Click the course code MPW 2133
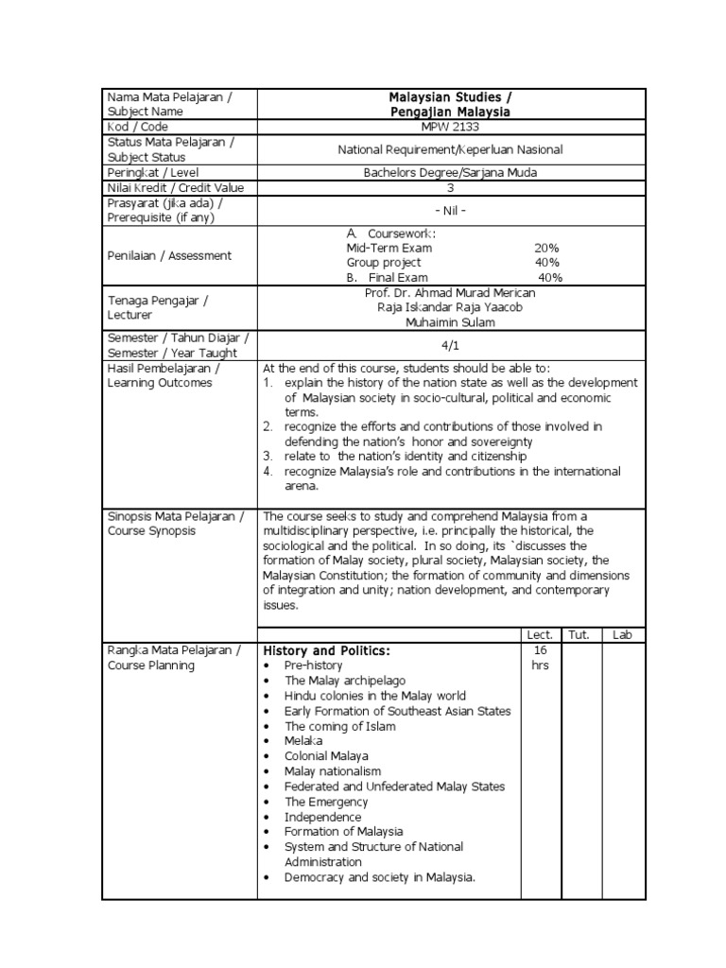click(450, 126)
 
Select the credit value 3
click(451, 187)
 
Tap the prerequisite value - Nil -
click(450, 211)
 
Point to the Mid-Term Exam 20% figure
click(546, 248)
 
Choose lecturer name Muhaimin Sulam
click(450, 322)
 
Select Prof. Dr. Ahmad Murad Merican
click(450, 292)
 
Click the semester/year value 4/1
click(450, 347)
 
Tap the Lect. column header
click(540, 634)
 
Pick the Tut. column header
click(578, 634)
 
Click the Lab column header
click(621, 634)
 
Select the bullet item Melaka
click(303, 741)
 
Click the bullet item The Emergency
click(327, 802)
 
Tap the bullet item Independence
click(323, 817)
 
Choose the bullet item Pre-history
click(315, 665)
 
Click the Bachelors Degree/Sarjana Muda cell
click(450, 172)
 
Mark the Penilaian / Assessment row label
click(169, 255)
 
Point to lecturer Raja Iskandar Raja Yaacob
click(450, 307)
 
